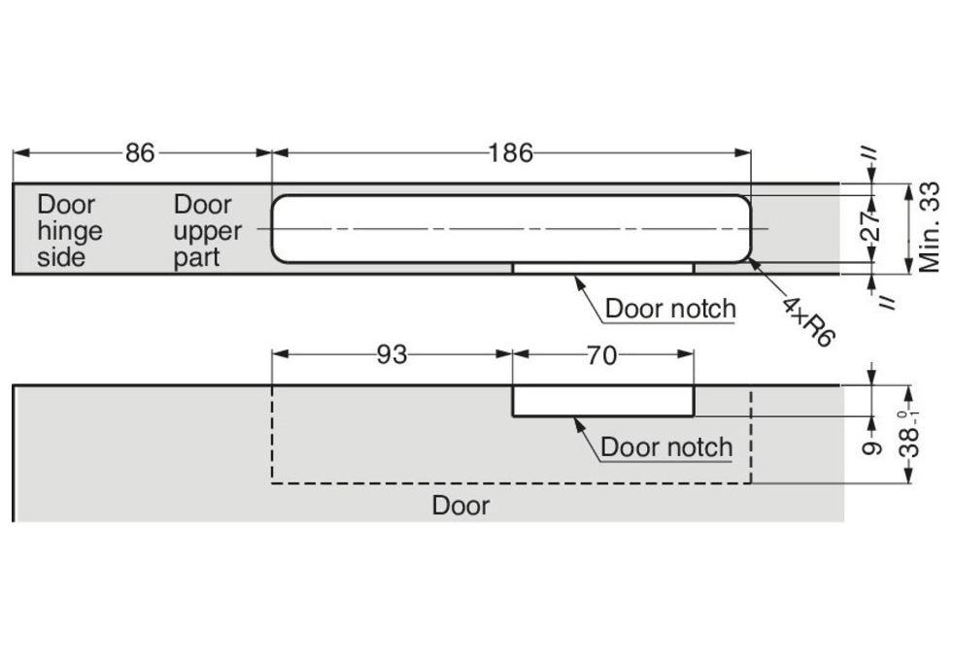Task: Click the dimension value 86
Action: (140, 152)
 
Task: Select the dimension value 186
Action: (511, 152)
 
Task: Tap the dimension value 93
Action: (392, 355)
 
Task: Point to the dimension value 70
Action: (601, 355)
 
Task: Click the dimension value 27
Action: (871, 229)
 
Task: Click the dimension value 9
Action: (872, 446)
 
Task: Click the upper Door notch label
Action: (670, 309)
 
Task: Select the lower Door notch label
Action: (666, 446)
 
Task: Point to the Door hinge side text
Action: (69, 231)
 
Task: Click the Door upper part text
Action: (207, 231)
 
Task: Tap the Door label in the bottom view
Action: (460, 505)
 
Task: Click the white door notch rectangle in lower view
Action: (603, 401)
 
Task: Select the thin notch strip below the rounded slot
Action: (603, 267)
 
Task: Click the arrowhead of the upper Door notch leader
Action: (577, 279)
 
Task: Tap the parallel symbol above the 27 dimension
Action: (870, 154)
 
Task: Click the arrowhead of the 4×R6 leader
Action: (753, 261)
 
